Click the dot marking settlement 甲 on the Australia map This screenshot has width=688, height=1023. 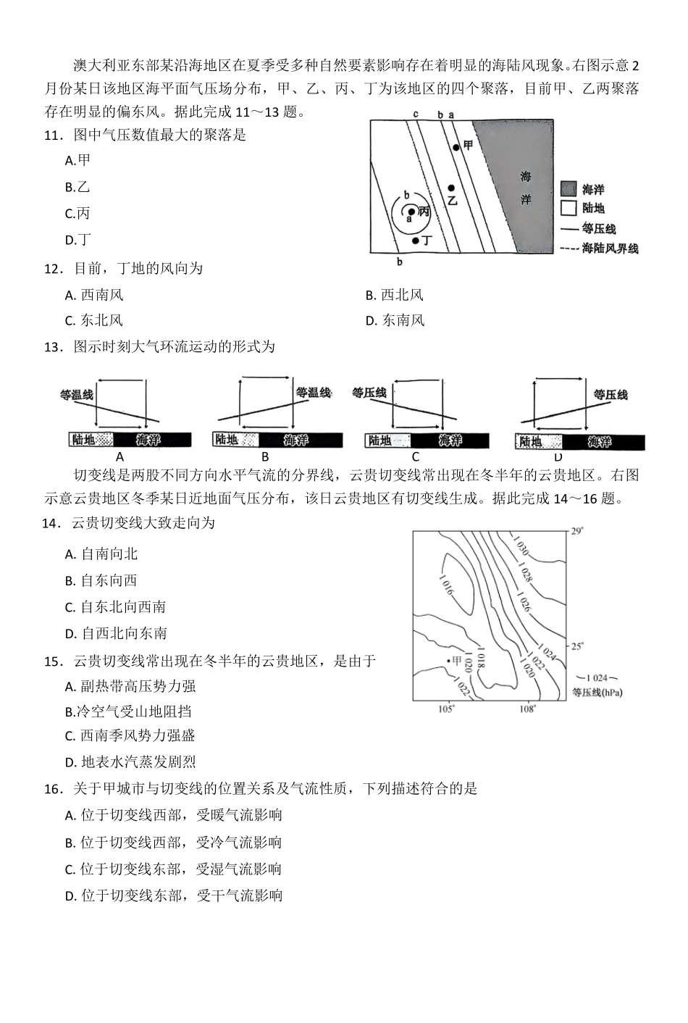coord(456,147)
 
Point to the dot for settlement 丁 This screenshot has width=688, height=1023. coord(415,240)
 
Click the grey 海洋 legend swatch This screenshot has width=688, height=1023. coord(569,189)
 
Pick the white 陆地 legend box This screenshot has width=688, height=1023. coord(569,208)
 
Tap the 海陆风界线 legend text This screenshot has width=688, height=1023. coord(611,249)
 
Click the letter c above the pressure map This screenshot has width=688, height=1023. coord(416,114)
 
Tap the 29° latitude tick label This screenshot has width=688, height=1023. coord(576,531)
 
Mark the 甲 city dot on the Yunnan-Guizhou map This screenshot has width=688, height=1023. coord(448,660)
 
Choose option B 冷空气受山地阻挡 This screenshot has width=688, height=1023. coord(128,711)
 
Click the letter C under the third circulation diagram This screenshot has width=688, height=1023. coord(415,456)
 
